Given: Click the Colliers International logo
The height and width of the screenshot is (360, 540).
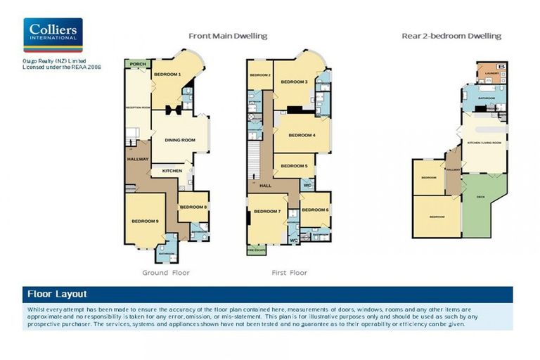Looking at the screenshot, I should point(53,35).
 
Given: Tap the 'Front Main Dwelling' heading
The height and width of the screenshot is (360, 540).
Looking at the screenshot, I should point(227,36).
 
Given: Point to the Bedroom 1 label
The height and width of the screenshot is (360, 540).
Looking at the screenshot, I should point(167,75).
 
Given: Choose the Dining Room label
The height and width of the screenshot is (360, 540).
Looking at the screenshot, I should point(179,140).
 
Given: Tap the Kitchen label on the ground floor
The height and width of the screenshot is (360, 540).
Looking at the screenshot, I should point(172,171).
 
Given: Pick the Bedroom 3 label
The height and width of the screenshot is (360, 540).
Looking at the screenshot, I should point(295,82).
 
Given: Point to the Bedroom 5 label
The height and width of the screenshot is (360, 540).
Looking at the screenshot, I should point(294,166).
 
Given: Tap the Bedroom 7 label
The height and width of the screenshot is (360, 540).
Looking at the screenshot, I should point(267,212).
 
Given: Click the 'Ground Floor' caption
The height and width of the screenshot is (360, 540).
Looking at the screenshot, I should point(166,272).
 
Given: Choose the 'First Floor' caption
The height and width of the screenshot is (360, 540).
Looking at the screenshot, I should point(289,272).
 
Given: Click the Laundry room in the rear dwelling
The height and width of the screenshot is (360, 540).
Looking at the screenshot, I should point(491,72).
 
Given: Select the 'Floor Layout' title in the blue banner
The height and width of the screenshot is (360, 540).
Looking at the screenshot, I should point(57,294).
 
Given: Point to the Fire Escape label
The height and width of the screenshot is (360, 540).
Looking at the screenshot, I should point(255,250).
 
